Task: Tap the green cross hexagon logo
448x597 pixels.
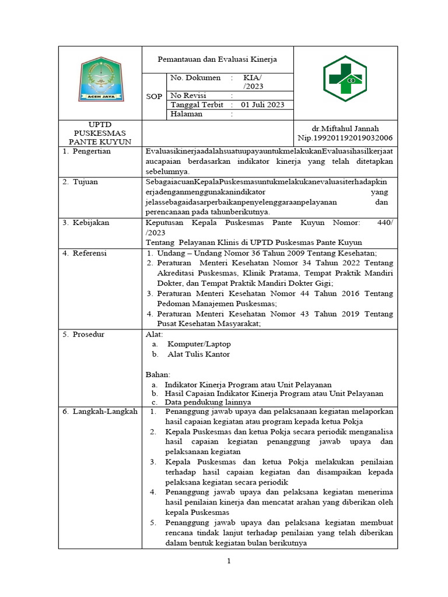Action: click(x=345, y=81)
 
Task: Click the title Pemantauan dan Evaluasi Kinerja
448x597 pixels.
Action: click(x=218, y=59)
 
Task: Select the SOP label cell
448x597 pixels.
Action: click(x=154, y=96)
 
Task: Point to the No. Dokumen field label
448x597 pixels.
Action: click(x=195, y=78)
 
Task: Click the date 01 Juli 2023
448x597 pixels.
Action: click(x=262, y=104)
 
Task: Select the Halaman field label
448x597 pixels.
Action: click(x=186, y=114)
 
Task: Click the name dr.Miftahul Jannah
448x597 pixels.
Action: click(x=345, y=128)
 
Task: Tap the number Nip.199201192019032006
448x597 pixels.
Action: click(x=345, y=138)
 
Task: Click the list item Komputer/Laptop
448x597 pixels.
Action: click(x=199, y=344)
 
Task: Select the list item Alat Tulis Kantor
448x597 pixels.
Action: click(x=198, y=354)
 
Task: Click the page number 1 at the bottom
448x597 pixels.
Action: click(x=229, y=561)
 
